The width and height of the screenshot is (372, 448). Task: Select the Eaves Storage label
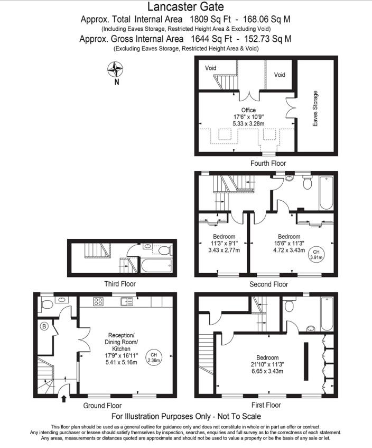pos(315,109)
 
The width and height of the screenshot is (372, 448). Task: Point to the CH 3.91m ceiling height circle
pos(316,254)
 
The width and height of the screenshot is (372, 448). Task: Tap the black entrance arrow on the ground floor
pos(64,398)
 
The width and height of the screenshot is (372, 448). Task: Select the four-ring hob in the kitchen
pos(98,302)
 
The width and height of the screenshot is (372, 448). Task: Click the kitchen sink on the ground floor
pos(127,302)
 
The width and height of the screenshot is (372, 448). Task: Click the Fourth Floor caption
pos(268,164)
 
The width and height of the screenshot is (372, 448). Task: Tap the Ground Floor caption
pos(102,406)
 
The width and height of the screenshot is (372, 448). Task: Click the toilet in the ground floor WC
pos(46,304)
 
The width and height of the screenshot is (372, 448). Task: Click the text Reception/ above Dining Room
pos(122,335)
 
